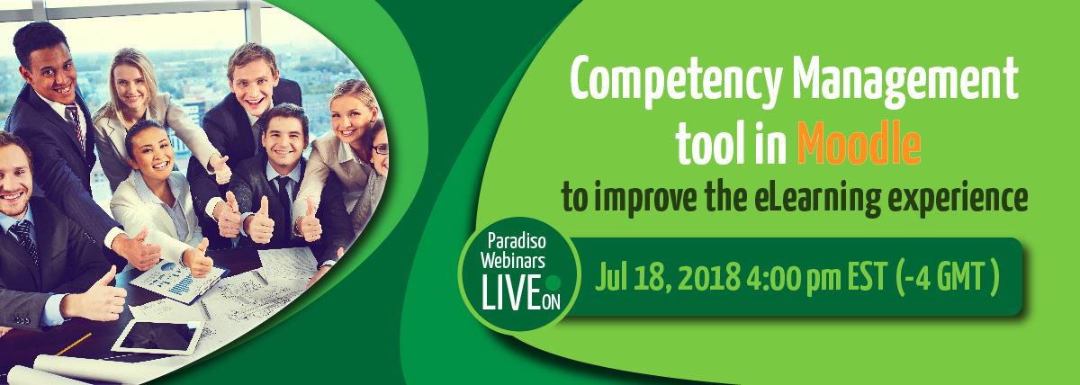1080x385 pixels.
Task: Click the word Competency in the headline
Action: (x=675, y=81)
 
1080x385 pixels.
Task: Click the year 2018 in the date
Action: (x=709, y=278)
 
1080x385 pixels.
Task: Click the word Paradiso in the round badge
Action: (x=517, y=240)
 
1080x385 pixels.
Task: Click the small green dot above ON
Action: (x=554, y=282)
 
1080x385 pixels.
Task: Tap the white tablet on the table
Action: (x=157, y=336)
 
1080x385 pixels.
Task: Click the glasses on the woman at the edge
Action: (x=380, y=149)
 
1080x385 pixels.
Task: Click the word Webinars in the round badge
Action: (x=513, y=261)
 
